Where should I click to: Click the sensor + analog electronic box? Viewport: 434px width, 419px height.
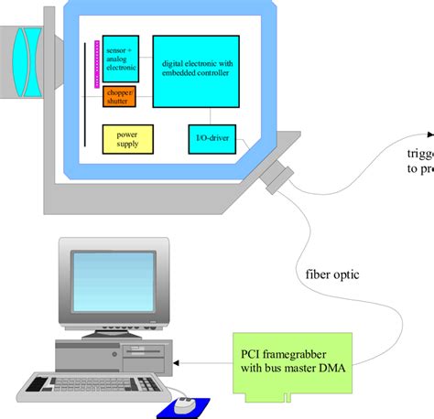coord(120,59)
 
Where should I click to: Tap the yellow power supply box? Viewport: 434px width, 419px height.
coord(127,138)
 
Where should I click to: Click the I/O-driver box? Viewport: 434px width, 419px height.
coord(212,139)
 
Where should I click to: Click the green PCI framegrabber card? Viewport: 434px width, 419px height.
coord(292,363)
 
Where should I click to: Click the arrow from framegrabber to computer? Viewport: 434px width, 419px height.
coord(203,363)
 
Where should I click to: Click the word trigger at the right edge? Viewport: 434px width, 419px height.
coord(419,154)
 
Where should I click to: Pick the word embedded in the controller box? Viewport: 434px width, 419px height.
coord(180,73)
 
